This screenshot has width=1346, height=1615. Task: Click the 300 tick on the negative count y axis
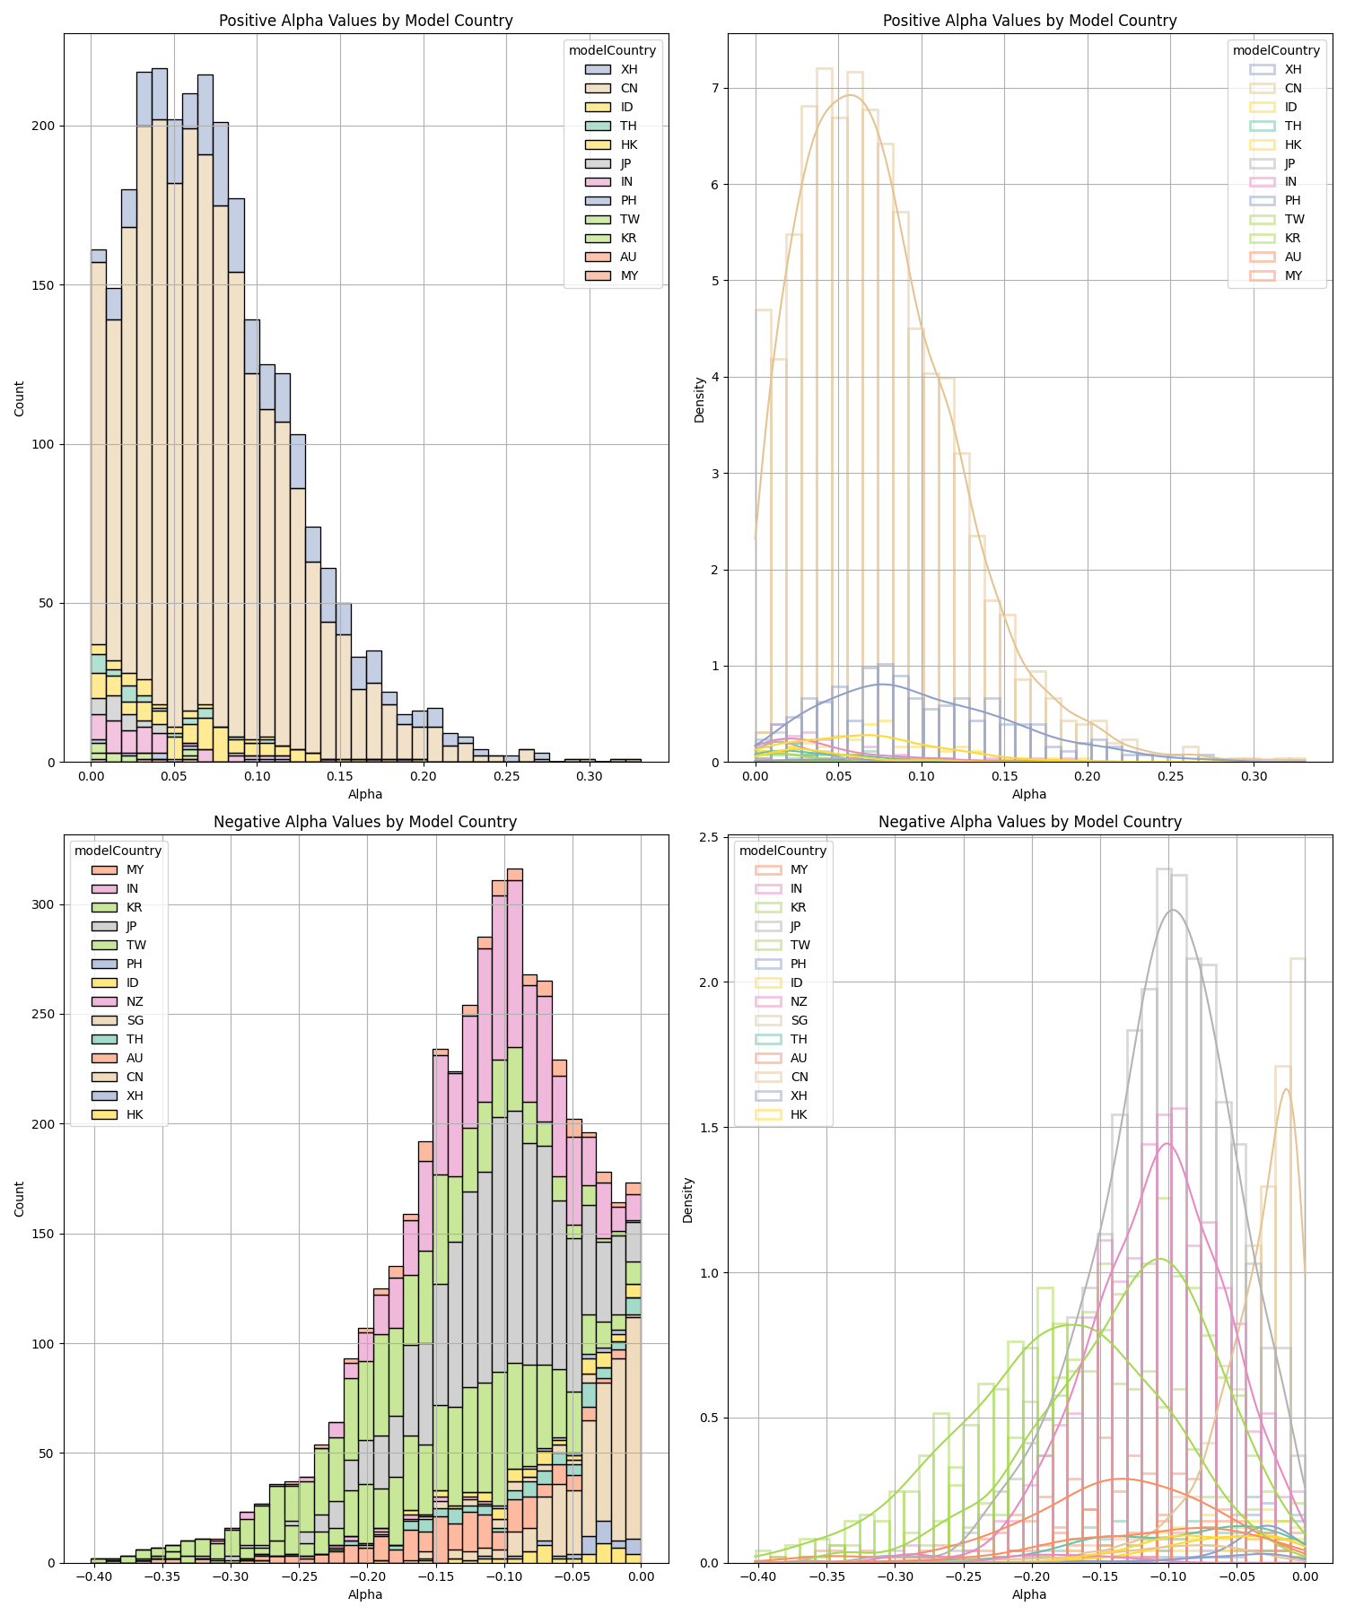pos(45,904)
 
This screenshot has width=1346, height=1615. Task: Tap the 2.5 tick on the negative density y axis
pos(712,837)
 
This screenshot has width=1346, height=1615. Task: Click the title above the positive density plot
pos(1029,21)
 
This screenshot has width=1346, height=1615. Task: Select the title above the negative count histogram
pos(365,822)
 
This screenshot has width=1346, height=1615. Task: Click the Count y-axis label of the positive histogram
pos(20,397)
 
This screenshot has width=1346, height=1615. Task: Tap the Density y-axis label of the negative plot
pos(688,1200)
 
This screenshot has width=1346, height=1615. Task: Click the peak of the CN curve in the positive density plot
pos(850,95)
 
